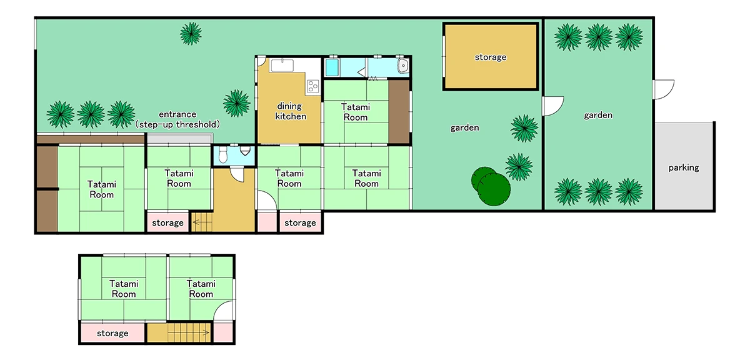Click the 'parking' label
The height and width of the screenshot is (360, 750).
point(683,167)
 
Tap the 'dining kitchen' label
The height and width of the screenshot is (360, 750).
point(291,111)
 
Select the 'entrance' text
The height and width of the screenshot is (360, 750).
point(177,114)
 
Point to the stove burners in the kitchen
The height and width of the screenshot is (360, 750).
point(312,85)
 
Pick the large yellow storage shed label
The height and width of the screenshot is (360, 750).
point(490,57)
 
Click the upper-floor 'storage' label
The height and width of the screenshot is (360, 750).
point(112,333)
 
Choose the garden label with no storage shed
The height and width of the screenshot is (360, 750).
point(597,115)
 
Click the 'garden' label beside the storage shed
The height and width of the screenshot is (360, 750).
point(464,127)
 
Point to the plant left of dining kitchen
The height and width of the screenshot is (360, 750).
point(236,102)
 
